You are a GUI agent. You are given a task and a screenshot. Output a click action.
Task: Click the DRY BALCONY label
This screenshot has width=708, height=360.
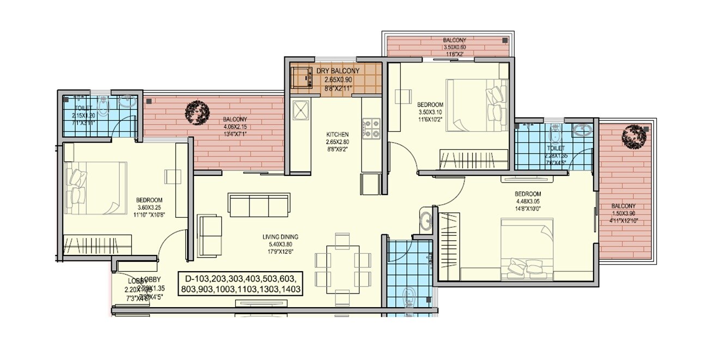tap(338, 71)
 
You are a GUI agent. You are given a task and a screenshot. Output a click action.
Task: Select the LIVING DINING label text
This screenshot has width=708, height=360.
tap(280, 237)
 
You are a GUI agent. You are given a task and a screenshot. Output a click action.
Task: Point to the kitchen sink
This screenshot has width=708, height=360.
tap(300, 112)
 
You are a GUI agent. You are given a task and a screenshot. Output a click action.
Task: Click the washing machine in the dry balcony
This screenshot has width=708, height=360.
tap(300, 77)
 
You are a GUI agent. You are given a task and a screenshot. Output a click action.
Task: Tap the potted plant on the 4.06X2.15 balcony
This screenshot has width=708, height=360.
tap(194, 112)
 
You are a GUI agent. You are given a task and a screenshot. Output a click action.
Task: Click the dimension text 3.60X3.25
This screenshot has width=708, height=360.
tap(148, 207)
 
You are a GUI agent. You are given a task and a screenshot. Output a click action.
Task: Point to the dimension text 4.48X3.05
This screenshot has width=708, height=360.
tap(528, 200)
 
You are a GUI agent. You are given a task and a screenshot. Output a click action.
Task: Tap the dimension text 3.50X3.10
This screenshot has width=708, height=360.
tap(430, 112)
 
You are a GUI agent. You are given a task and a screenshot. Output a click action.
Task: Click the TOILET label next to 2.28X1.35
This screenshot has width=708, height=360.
tap(556, 148)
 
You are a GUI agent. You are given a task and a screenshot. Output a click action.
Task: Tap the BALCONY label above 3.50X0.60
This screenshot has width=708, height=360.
tap(454, 41)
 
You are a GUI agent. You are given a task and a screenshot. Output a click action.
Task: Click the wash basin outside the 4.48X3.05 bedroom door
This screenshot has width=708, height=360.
tap(425, 221)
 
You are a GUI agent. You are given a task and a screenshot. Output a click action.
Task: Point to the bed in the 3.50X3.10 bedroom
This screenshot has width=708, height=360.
tap(477, 105)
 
